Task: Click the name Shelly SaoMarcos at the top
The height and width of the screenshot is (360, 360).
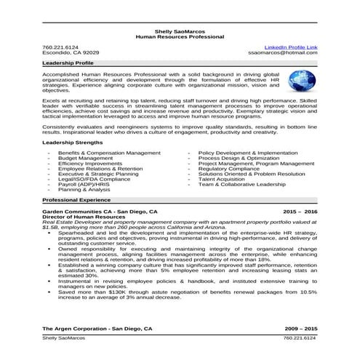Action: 180,30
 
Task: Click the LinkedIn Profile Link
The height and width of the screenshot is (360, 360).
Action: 290,47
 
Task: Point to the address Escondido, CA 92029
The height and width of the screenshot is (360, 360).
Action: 71,53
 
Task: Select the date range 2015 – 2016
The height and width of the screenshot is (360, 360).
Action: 300,210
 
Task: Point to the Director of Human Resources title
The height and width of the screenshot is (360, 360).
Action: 84,217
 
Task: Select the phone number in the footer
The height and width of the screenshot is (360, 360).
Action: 300,338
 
